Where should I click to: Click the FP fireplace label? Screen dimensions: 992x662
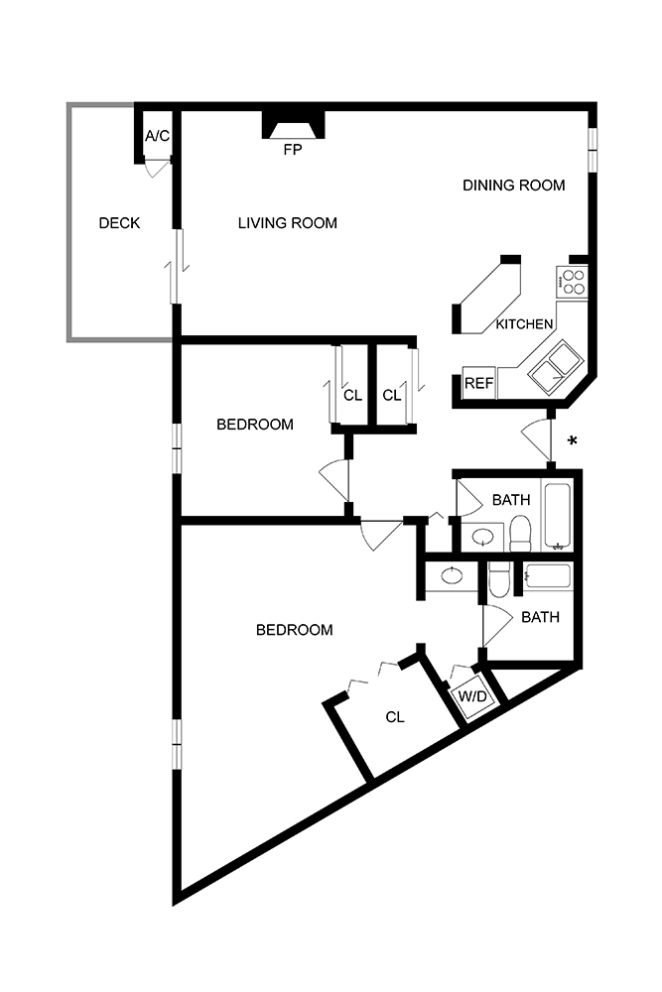293,151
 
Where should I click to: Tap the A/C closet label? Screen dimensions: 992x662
157,135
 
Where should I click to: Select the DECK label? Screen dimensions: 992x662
119,223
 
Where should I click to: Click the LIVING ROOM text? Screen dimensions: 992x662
287,223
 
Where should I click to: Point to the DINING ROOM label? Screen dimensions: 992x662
513,186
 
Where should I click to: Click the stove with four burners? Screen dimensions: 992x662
572,282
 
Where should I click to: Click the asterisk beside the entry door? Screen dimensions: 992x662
572,440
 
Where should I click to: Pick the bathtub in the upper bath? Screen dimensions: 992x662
557,516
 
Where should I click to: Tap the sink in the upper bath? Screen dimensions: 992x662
483,538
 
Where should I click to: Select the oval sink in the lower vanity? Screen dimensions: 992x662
452,577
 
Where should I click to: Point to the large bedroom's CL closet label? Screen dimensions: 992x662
394,717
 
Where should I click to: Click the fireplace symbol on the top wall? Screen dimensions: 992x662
293,126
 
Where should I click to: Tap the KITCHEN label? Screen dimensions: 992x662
524,324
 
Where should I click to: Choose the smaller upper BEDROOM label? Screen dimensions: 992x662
255,425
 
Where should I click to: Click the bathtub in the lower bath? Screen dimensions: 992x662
547,577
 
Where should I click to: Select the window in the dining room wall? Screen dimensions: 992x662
593,150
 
